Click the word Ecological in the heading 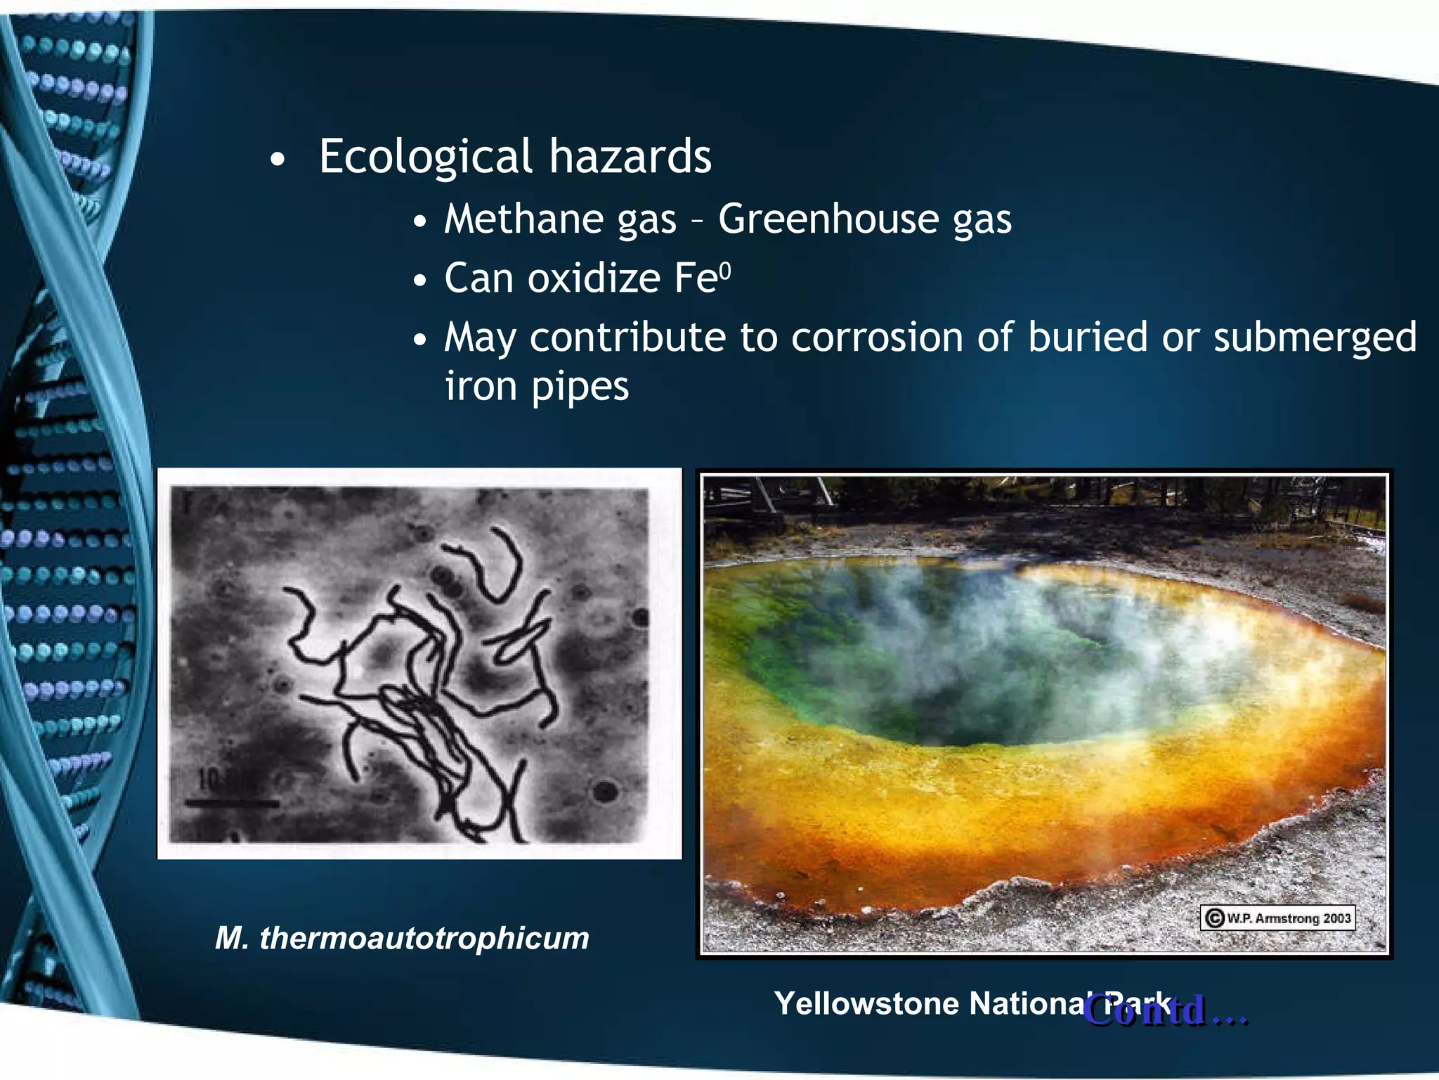[425, 156]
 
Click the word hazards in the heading [630, 156]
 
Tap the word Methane [523, 219]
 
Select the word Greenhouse [828, 219]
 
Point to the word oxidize [593, 278]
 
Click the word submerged [1315, 338]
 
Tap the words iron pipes [537, 387]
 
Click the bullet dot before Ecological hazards [278, 160]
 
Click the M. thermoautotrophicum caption [402, 938]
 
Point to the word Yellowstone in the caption [866, 1003]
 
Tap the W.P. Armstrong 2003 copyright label [1277, 918]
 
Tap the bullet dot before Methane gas [420, 222]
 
